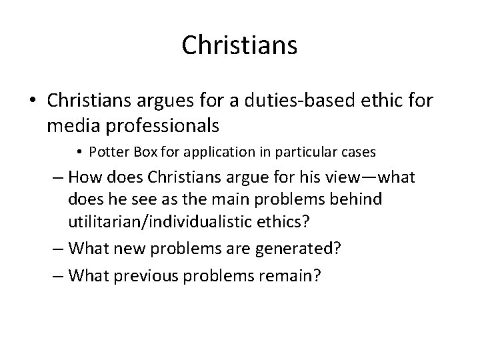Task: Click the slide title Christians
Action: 239,45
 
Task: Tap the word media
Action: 69,125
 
